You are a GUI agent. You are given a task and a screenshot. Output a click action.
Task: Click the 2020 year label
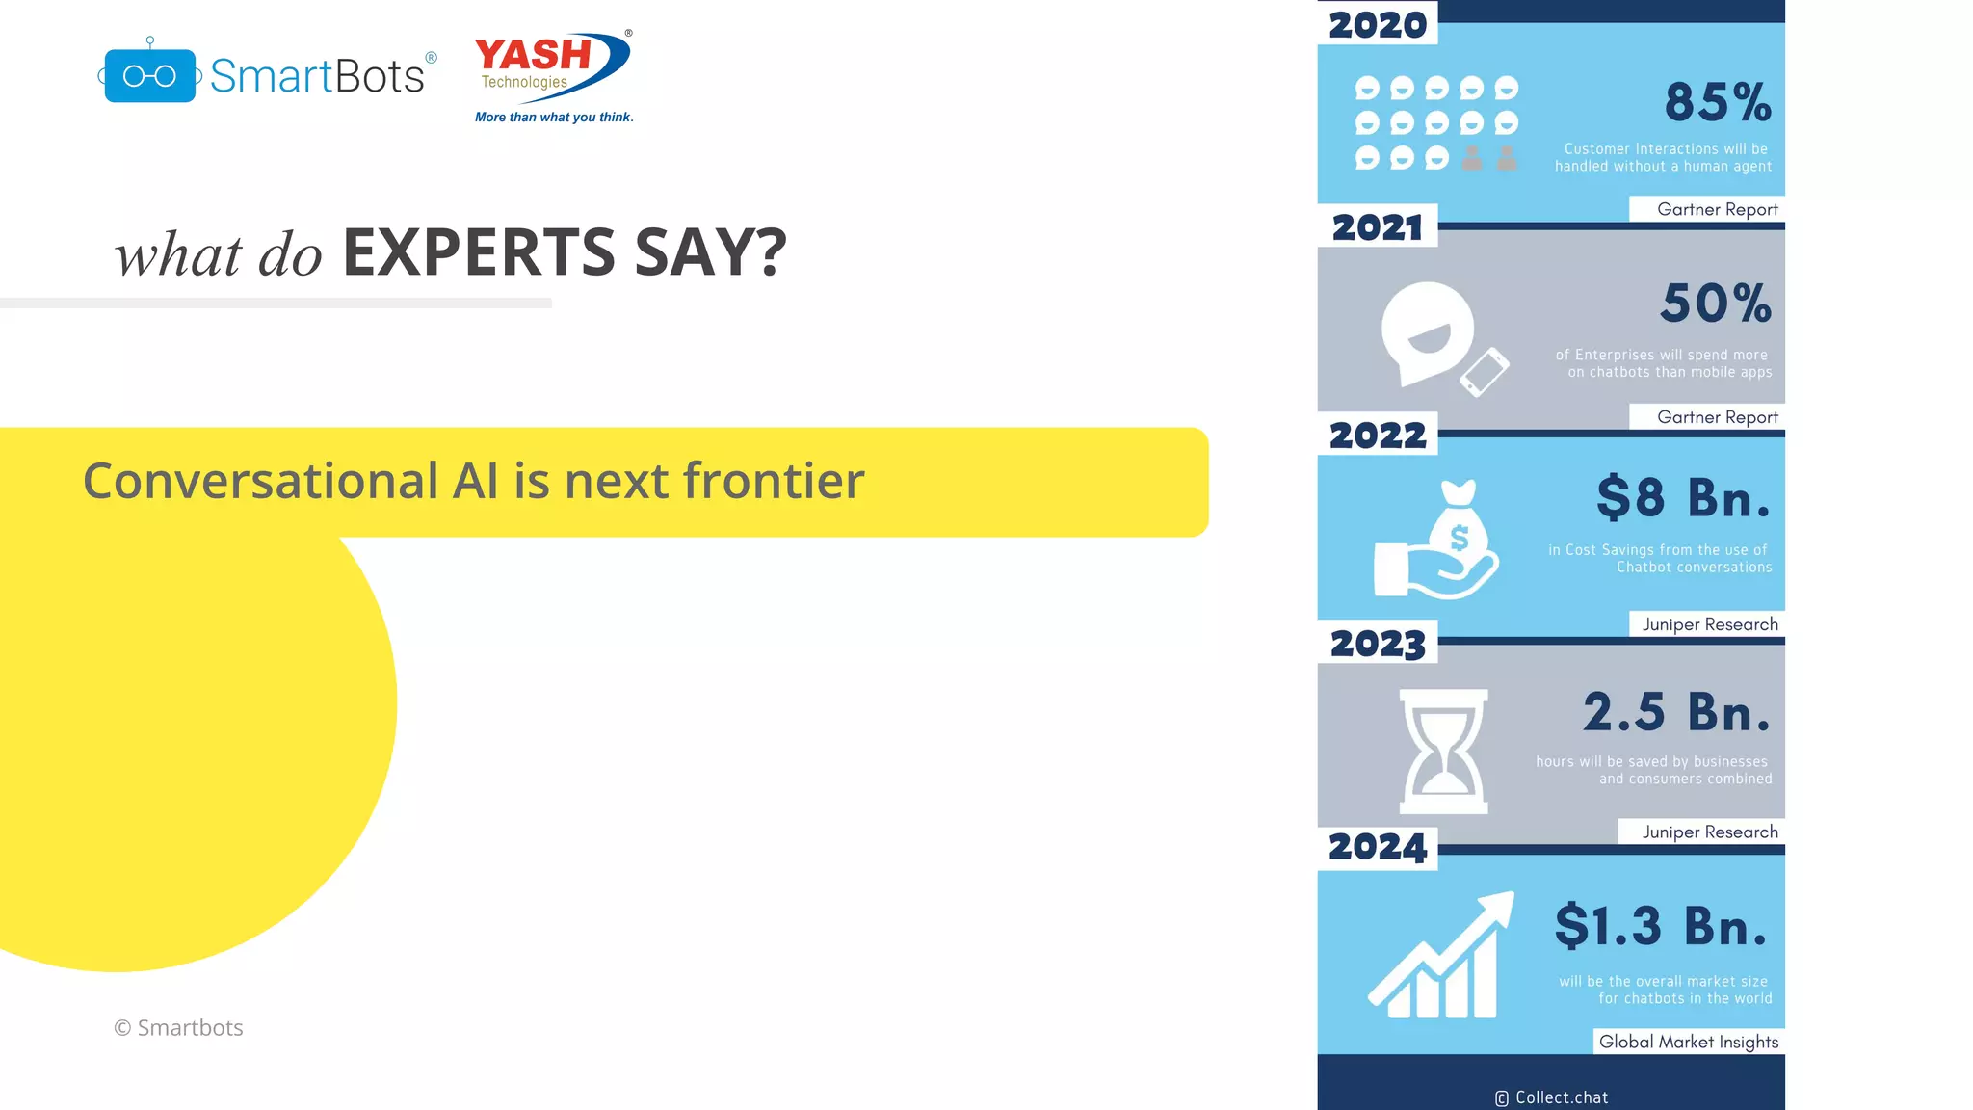click(1378, 25)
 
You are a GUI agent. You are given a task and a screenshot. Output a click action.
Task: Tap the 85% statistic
click(1718, 102)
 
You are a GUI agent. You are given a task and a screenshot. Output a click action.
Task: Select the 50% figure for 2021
click(1716, 304)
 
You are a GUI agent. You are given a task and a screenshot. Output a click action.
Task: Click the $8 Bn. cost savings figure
click(1683, 498)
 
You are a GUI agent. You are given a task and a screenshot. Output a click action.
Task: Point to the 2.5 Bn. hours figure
click(1676, 712)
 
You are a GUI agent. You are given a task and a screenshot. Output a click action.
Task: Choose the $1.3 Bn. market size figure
click(1662, 926)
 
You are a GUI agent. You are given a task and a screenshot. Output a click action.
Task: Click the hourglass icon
click(1443, 752)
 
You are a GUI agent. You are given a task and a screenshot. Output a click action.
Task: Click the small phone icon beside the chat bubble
click(1485, 372)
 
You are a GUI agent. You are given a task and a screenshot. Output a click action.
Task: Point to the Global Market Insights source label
click(1688, 1042)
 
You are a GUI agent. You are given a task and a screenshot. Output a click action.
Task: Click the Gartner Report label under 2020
click(1717, 209)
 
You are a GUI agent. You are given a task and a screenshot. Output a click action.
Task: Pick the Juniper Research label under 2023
click(1710, 832)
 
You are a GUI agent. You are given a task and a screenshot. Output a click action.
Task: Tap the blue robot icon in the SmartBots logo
click(149, 75)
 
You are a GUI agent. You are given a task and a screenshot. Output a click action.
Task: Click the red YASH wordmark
click(533, 54)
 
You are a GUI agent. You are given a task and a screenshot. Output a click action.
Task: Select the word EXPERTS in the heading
click(479, 252)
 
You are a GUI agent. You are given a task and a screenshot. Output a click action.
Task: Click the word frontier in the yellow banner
click(774, 480)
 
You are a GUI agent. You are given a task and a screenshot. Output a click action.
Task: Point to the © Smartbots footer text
click(178, 1028)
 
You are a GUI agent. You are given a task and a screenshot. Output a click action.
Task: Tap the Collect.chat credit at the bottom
click(1552, 1097)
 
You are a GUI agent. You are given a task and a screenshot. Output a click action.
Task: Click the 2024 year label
click(1378, 848)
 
